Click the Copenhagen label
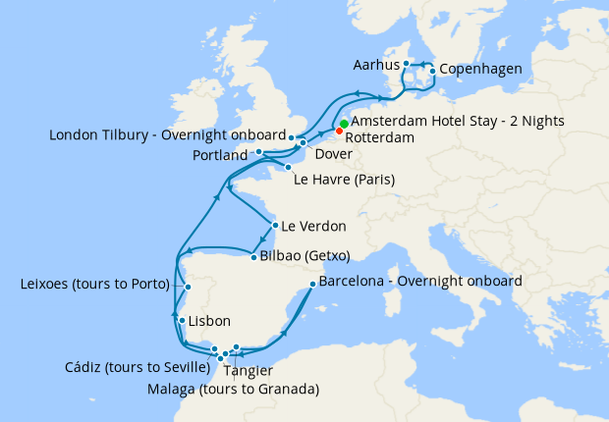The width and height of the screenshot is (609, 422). [x=480, y=69]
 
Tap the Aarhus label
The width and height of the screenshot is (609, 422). [x=375, y=65]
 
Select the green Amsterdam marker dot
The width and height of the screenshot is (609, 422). [x=344, y=124]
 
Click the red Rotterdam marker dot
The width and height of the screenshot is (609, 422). [x=340, y=131]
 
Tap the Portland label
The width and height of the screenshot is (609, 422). [x=221, y=155]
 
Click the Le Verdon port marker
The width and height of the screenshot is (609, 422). [x=275, y=225]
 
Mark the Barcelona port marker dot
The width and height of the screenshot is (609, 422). [x=311, y=285]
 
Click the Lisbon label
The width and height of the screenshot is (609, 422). [x=208, y=321]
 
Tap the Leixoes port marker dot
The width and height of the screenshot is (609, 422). [x=189, y=287]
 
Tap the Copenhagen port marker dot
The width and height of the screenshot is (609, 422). [x=432, y=71]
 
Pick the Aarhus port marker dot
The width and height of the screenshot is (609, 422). [x=405, y=65]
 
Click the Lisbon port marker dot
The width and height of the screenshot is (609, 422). [x=181, y=321]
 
